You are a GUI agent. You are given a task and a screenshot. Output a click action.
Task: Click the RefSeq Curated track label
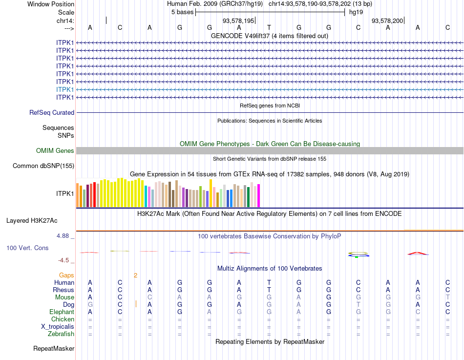tap(52, 113)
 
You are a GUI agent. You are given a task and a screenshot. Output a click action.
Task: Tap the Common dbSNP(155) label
tap(43, 166)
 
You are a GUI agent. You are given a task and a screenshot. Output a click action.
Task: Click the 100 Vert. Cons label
tap(27, 248)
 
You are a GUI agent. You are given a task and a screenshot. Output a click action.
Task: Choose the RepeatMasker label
tap(54, 349)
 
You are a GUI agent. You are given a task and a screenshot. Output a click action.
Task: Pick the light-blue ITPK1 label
tap(65, 90)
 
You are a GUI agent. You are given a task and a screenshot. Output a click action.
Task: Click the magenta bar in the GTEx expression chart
tap(259, 195)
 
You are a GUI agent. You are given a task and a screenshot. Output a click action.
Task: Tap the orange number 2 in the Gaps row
tap(135, 275)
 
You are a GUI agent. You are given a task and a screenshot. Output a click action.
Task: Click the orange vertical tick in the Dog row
tap(135, 304)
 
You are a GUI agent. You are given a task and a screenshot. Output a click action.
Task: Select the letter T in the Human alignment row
tap(269, 282)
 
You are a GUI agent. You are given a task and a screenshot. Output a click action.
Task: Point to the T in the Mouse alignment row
tap(447, 297)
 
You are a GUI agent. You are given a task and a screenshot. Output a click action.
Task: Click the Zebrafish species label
tap(61, 334)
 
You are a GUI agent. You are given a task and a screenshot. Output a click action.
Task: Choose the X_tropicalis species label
tap(58, 327)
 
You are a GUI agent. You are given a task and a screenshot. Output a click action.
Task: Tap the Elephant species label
tap(62, 312)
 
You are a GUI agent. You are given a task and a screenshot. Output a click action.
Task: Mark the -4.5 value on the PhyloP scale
tap(64, 260)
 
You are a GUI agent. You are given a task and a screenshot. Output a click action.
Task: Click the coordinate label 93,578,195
tap(238, 21)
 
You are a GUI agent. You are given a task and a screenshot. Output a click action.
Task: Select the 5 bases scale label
tap(182, 12)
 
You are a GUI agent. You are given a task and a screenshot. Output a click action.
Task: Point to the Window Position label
tap(51, 4)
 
